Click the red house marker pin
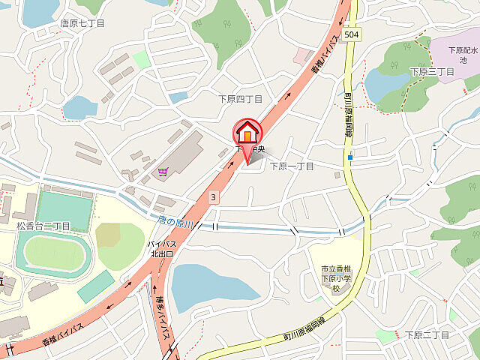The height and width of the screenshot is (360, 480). (x=247, y=135)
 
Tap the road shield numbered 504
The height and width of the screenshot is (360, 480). (x=352, y=34)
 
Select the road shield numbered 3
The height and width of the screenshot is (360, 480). (x=214, y=196)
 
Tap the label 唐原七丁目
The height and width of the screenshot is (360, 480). (x=82, y=23)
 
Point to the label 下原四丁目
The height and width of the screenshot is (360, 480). (x=240, y=98)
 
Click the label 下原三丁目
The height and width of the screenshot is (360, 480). (x=432, y=71)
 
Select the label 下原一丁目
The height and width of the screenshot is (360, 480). (x=292, y=166)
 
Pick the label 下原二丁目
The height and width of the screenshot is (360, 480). (x=427, y=334)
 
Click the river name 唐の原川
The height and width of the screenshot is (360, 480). (x=177, y=223)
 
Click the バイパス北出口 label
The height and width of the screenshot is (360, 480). (x=160, y=249)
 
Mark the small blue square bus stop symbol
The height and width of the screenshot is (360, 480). (x=349, y=157)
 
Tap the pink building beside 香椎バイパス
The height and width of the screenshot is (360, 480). (x=303, y=55)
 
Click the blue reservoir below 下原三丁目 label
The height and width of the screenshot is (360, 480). (x=386, y=85)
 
